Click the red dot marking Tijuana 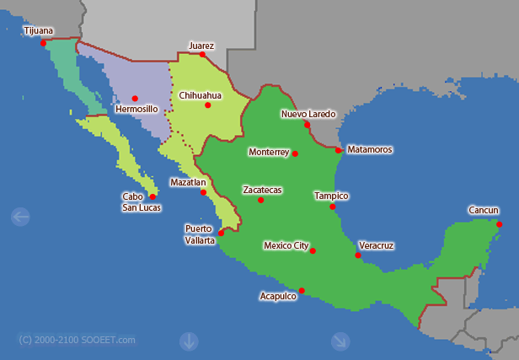[x=43, y=42]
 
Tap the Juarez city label [x=201, y=46]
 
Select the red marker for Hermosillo [x=135, y=98]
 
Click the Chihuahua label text [x=201, y=95]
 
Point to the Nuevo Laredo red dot [x=308, y=125]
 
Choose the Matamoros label [x=370, y=149]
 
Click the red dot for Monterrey [x=295, y=153]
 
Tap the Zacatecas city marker [x=260, y=200]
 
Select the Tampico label [x=331, y=195]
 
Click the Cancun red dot [x=500, y=224]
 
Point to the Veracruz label [x=376, y=245]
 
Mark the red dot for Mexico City [x=313, y=250]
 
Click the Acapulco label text [x=278, y=296]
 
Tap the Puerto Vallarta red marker [x=221, y=232]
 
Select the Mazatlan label [x=188, y=181]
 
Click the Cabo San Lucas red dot [x=152, y=196]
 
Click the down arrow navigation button [x=188, y=341]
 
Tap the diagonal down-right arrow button [x=340, y=341]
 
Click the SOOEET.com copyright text [x=77, y=340]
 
